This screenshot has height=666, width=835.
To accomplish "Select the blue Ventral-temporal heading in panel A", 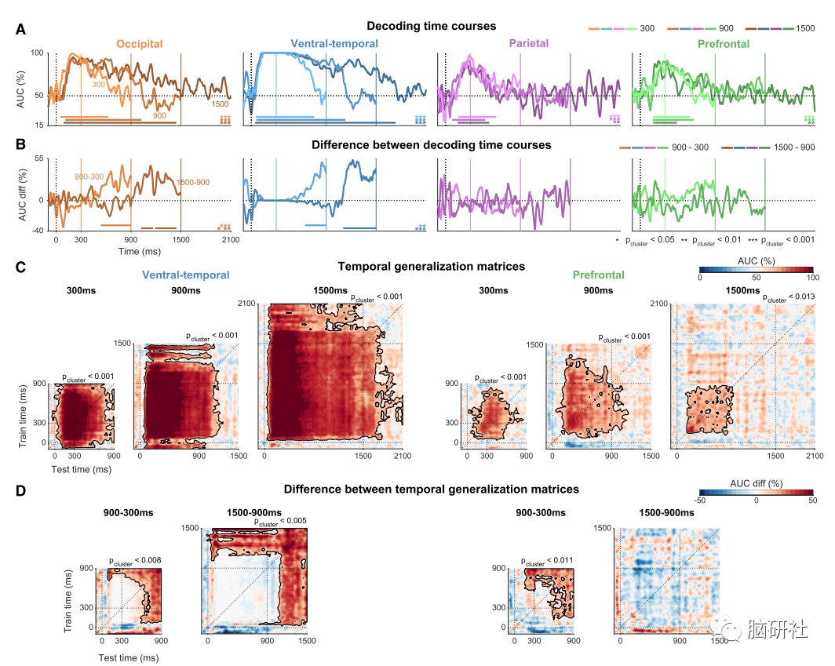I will coord(334,44).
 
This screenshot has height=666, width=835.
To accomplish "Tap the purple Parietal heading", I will coord(528,44).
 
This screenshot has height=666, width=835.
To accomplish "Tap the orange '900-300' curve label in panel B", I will coord(89,177).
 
